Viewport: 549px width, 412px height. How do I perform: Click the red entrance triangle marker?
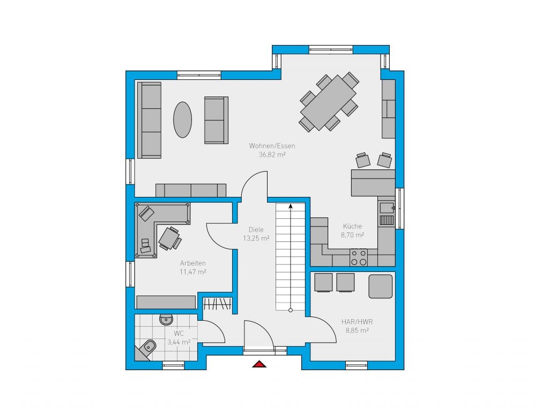[259, 364]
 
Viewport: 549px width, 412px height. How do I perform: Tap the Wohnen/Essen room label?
[272, 146]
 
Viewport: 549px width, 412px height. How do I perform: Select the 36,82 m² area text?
[272, 154]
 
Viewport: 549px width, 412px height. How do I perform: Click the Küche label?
[353, 226]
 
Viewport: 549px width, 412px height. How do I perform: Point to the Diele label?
[256, 230]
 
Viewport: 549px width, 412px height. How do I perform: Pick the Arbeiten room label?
[193, 263]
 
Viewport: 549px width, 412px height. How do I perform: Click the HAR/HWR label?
[357, 322]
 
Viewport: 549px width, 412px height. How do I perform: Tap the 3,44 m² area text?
[179, 342]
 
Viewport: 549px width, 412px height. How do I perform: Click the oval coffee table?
[182, 120]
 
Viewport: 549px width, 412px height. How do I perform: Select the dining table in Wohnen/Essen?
[329, 102]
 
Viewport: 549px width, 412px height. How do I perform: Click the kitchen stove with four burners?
[359, 257]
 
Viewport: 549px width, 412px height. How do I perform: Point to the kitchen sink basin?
[387, 208]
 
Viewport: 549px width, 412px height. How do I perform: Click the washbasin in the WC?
[166, 319]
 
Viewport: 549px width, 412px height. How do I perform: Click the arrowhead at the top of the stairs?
[290, 206]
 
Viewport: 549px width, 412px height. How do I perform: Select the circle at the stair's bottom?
[290, 310]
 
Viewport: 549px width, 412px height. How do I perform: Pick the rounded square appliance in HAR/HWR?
[380, 286]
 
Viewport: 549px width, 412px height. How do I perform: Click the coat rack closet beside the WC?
[218, 304]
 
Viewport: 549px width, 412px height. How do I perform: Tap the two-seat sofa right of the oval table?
[217, 120]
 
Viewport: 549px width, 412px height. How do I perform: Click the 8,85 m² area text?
[357, 330]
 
